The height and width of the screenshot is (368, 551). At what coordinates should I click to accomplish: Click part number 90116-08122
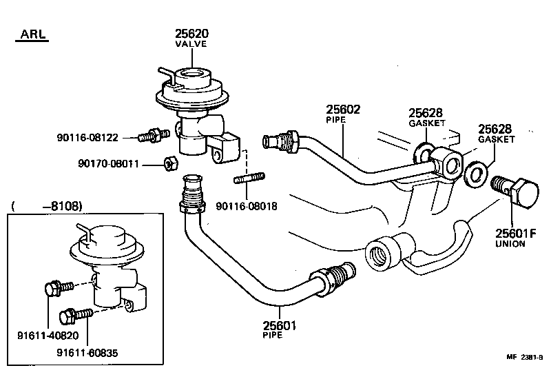tap(88, 138)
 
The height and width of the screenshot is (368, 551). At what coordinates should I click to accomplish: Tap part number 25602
tap(343, 109)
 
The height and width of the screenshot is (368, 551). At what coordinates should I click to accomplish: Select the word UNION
tap(510, 244)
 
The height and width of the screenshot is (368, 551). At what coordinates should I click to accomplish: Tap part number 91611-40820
tap(48, 335)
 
